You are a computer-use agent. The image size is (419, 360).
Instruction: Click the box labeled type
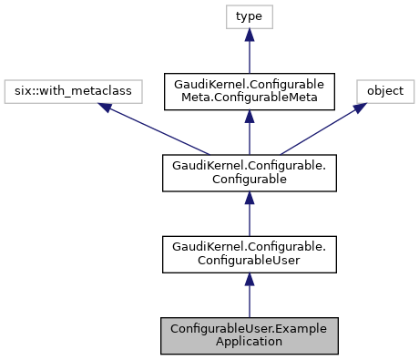[250, 16]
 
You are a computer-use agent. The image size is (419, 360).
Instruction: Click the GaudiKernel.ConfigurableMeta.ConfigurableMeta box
[250, 91]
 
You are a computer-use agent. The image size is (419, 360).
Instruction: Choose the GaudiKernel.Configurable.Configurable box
[250, 173]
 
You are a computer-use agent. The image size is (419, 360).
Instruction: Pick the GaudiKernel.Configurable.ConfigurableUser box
[250, 253]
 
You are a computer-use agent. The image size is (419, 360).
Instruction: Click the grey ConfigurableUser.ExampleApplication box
[250, 334]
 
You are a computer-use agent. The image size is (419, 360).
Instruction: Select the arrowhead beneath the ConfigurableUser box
[250, 280]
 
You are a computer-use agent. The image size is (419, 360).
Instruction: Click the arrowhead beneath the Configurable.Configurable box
[250, 199]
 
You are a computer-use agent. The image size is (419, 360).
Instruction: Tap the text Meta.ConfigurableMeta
[250, 98]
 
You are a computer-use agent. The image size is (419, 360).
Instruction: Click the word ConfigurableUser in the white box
[250, 260]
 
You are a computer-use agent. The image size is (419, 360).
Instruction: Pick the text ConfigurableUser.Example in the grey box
[250, 328]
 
